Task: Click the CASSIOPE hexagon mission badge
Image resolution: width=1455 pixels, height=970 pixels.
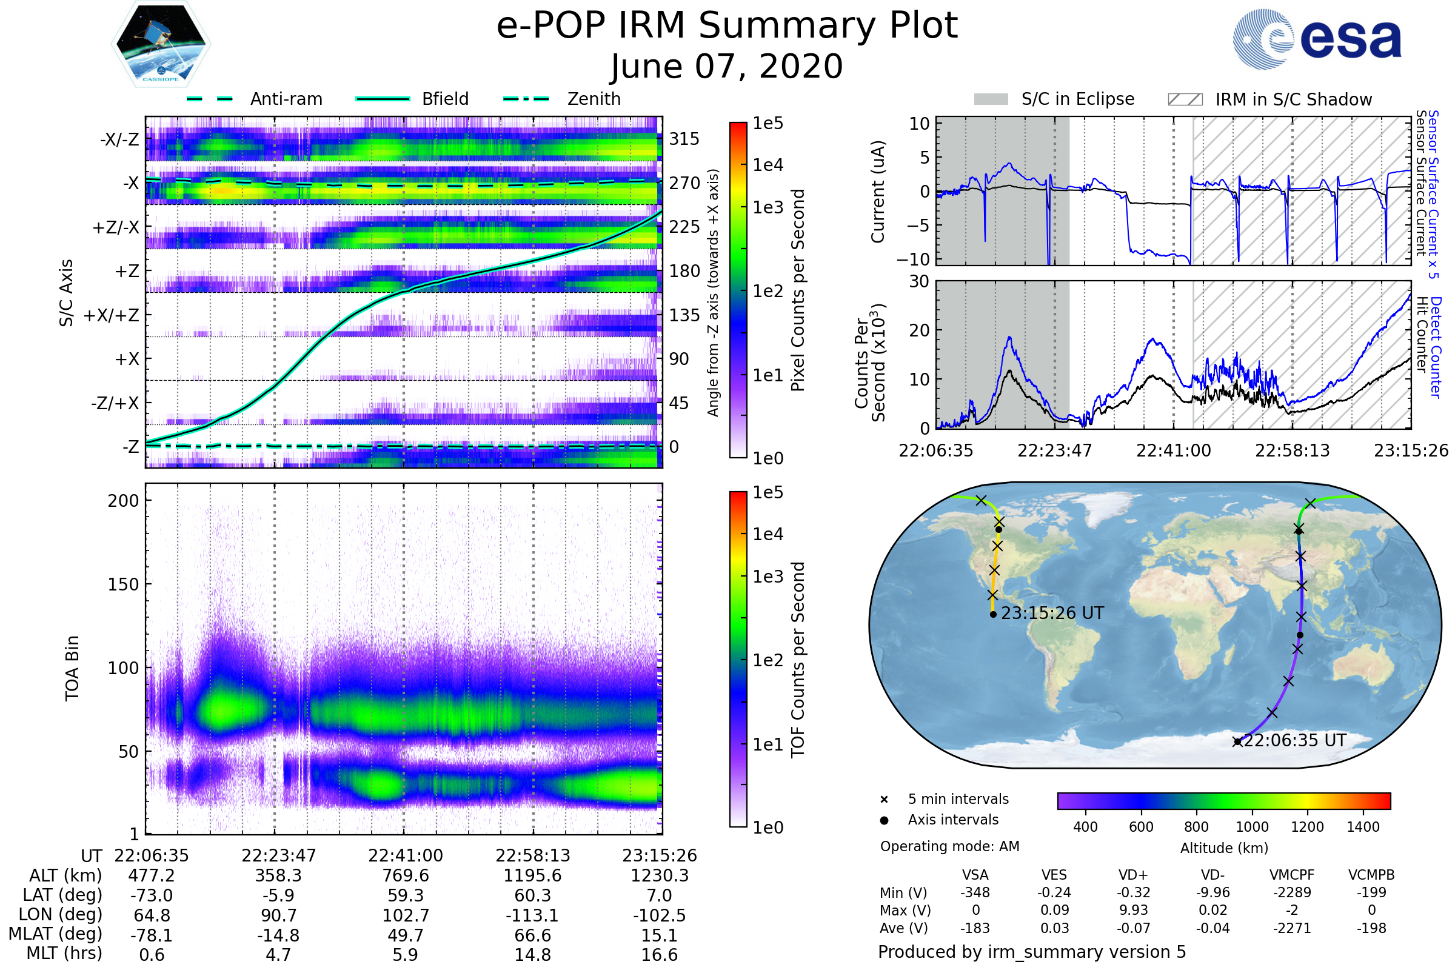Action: click(161, 44)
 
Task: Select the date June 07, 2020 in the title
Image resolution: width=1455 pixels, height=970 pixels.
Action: click(727, 66)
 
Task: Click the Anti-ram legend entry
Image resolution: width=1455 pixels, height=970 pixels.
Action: click(254, 99)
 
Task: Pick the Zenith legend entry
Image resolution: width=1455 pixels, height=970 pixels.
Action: click(562, 99)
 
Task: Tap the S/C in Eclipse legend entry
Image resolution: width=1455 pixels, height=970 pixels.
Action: click(1054, 99)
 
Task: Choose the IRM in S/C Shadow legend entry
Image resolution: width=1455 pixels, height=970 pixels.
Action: click(1269, 99)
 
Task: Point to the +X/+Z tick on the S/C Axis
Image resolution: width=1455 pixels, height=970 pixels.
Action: click(112, 315)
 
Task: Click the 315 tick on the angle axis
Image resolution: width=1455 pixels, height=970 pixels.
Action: click(684, 139)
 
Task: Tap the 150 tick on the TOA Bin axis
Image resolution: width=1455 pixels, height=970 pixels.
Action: click(123, 584)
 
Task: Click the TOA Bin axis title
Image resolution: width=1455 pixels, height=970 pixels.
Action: click(72, 667)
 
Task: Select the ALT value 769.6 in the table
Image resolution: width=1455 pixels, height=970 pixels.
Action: click(405, 875)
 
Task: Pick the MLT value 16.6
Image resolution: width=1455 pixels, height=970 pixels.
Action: click(660, 954)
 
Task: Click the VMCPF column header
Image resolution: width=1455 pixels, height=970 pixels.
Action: click(1292, 875)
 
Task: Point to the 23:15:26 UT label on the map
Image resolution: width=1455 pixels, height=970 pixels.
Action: click(1052, 613)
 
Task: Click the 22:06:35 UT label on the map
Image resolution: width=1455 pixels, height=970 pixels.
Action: click(1295, 740)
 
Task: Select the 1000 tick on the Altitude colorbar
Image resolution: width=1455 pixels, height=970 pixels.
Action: click(1252, 827)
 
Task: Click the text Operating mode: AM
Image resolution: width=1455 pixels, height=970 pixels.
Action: click(949, 846)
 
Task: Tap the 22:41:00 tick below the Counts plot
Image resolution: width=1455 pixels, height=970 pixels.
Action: click(1174, 450)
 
